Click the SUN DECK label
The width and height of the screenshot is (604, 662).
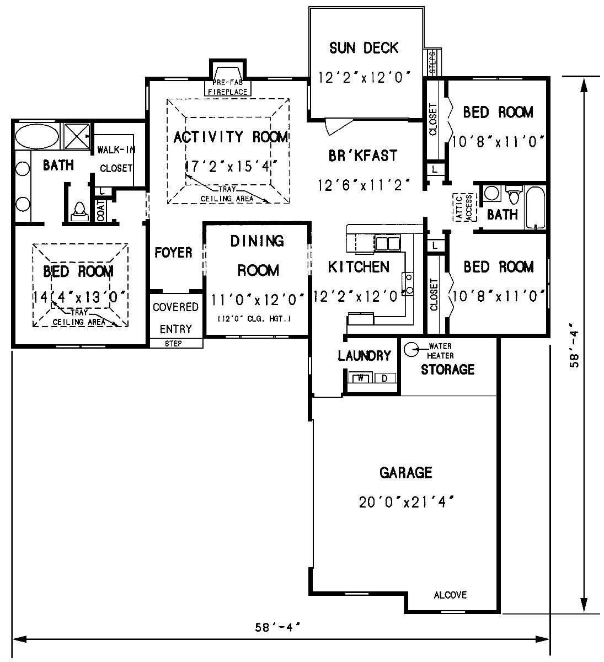pyautogui.click(x=364, y=48)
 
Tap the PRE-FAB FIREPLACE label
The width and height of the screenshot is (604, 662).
pyautogui.click(x=227, y=88)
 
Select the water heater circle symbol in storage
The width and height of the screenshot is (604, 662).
pyautogui.click(x=410, y=349)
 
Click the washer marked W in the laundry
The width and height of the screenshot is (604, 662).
pyautogui.click(x=361, y=378)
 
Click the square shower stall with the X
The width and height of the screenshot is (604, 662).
pyautogui.click(x=77, y=136)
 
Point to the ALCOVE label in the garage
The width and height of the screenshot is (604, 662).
pyautogui.click(x=450, y=595)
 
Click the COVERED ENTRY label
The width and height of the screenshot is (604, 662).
pyautogui.click(x=175, y=318)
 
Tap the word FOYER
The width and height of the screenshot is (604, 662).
pyautogui.click(x=173, y=253)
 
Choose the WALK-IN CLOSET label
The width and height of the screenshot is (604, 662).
pyautogui.click(x=116, y=159)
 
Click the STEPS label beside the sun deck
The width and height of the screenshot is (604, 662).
pyautogui.click(x=432, y=62)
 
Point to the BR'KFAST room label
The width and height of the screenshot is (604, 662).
pyautogui.click(x=362, y=156)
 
